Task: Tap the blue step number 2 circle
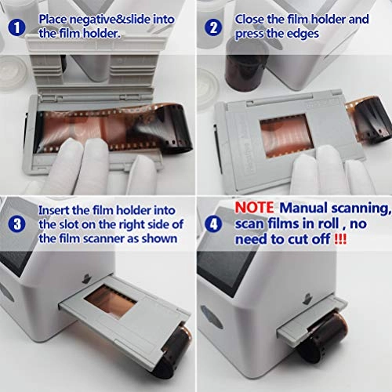(x=214, y=27)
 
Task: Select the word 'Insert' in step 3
(x=56, y=210)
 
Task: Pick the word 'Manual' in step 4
(x=302, y=207)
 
